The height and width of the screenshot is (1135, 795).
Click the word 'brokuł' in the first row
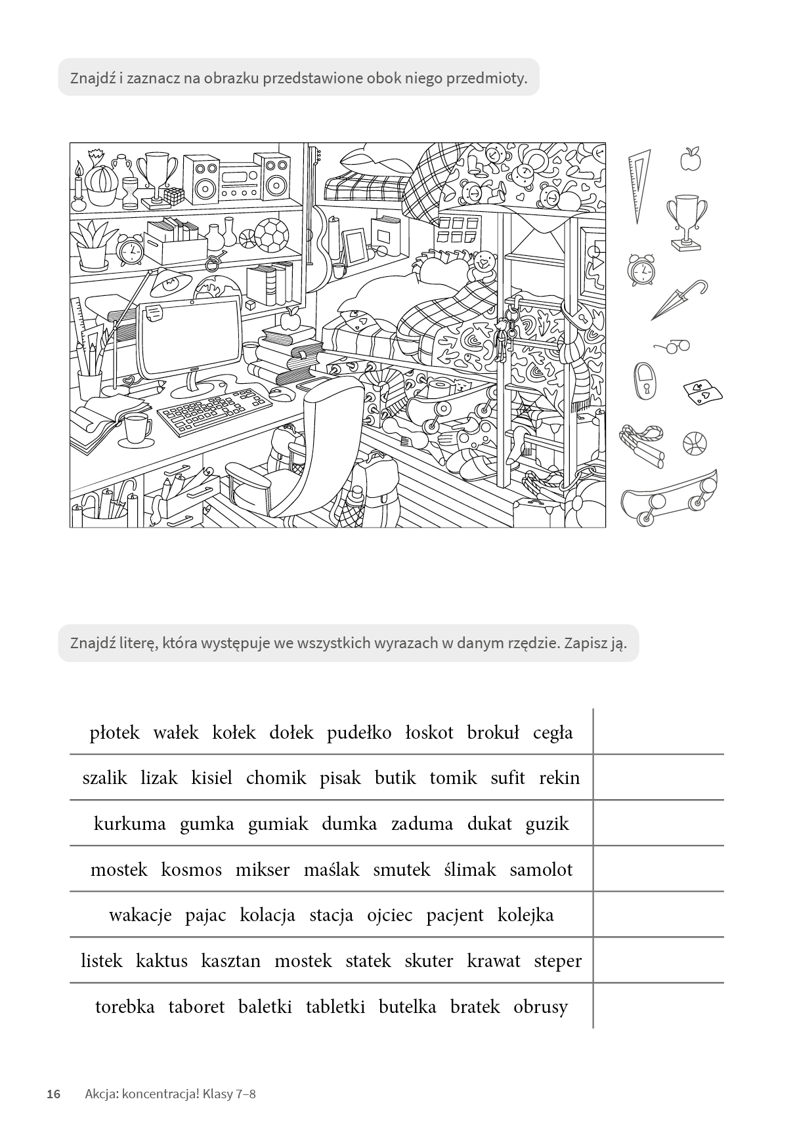click(x=493, y=732)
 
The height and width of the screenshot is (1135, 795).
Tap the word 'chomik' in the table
click(x=276, y=778)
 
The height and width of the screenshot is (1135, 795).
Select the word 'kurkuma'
click(x=130, y=824)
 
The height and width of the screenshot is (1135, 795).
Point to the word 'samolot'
click(x=541, y=870)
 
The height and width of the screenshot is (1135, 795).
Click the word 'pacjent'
click(x=454, y=915)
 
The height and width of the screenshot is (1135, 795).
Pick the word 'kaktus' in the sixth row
click(x=161, y=961)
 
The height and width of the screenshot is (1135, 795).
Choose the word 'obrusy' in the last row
click(x=540, y=1007)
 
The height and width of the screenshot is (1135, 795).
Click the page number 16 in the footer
click(x=53, y=1094)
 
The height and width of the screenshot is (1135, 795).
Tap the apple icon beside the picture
click(x=690, y=159)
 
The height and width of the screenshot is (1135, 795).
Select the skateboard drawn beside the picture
click(x=669, y=499)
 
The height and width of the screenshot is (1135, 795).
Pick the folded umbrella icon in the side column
click(x=677, y=301)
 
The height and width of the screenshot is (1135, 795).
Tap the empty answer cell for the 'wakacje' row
click(x=658, y=915)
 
